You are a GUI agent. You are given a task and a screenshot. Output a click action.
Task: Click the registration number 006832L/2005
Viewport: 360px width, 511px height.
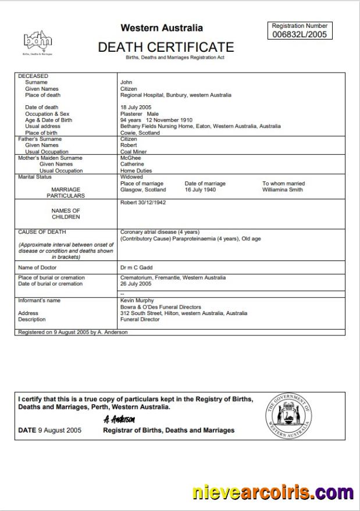coord(300,34)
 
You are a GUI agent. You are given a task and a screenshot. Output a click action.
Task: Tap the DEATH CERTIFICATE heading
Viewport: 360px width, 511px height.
coord(166,47)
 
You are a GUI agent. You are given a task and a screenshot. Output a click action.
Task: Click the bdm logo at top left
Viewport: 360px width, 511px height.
coord(37,41)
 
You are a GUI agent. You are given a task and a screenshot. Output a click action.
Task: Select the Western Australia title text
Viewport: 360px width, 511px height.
coord(162,28)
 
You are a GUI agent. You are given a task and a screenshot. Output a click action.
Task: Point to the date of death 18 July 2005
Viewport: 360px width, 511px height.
coord(136,108)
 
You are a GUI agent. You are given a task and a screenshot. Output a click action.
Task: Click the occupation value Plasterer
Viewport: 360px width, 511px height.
coord(131,114)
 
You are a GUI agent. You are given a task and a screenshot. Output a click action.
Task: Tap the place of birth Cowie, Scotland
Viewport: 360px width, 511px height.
coord(140,133)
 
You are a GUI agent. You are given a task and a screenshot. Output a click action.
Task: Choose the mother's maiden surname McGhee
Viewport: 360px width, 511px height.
coord(130,158)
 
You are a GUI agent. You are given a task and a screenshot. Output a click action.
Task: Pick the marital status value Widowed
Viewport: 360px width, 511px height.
coord(131,177)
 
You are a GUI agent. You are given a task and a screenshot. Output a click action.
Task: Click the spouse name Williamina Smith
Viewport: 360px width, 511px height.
coord(282,190)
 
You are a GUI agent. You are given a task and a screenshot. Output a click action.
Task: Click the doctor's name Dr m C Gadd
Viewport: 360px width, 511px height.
coord(137,267)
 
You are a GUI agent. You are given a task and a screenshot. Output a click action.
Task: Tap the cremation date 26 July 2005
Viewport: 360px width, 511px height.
coord(136,284)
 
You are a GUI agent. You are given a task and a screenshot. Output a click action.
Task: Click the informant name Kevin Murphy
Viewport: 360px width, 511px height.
coord(137,301)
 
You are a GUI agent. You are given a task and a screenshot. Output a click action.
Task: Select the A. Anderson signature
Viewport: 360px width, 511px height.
coord(119,419)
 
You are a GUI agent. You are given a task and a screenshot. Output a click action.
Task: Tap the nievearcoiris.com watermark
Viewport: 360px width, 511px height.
coord(273,493)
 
